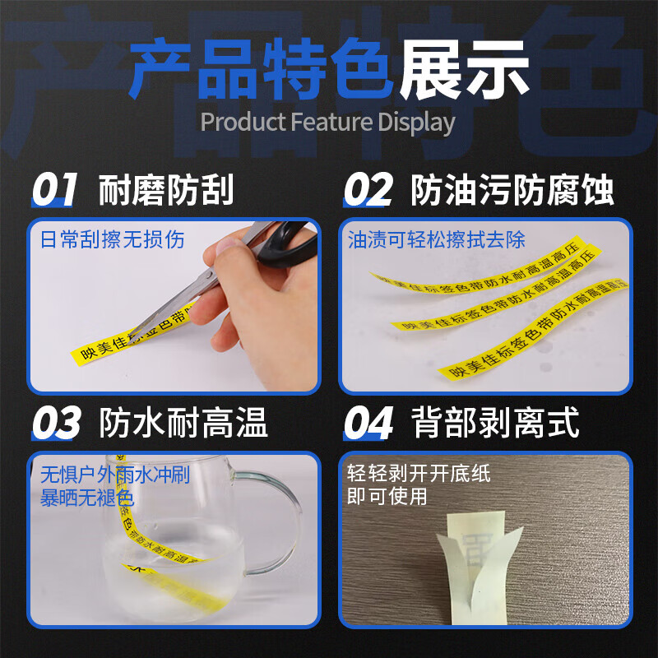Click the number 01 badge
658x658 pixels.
54,190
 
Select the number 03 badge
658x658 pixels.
56,424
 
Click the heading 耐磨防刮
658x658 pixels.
166,190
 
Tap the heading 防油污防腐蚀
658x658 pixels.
512,190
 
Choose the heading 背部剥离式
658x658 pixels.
495,424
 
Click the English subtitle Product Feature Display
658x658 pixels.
327,122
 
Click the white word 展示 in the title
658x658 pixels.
465,71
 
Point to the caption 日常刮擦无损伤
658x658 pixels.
113,239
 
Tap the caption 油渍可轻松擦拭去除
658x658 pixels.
436,239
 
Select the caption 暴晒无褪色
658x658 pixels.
87,498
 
